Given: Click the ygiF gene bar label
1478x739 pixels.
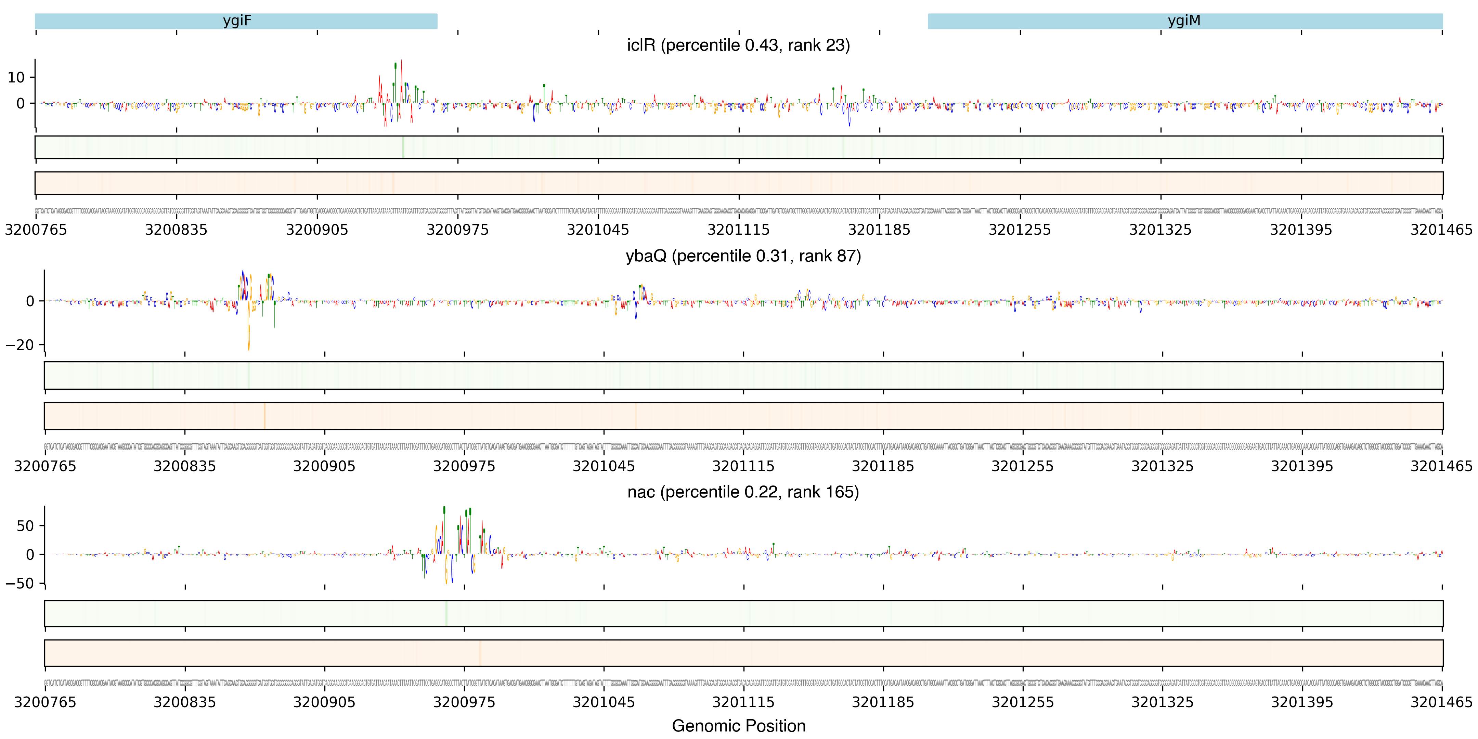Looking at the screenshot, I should pyautogui.click(x=237, y=21).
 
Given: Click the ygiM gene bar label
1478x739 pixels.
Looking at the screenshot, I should pyautogui.click(x=1184, y=21).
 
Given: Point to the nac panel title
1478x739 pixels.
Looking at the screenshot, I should pyautogui.click(x=743, y=492).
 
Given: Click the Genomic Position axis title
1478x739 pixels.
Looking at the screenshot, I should pyautogui.click(x=738, y=726).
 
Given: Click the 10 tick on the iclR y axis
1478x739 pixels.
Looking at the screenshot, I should pyautogui.click(x=16, y=77).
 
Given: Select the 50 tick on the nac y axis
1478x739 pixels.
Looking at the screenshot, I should pyautogui.click(x=25, y=526).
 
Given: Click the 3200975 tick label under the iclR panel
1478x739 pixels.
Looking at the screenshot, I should pyautogui.click(x=457, y=230).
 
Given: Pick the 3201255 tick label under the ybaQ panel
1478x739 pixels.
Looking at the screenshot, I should pyautogui.click(x=1022, y=466).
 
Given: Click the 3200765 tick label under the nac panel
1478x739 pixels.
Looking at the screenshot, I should pyautogui.click(x=45, y=703).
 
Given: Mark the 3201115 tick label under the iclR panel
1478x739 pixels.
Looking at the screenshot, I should pyautogui.click(x=738, y=230).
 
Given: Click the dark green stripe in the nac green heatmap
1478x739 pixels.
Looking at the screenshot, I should pyautogui.click(x=446, y=613).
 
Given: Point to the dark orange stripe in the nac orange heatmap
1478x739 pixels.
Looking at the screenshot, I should pyautogui.click(x=480, y=653).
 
